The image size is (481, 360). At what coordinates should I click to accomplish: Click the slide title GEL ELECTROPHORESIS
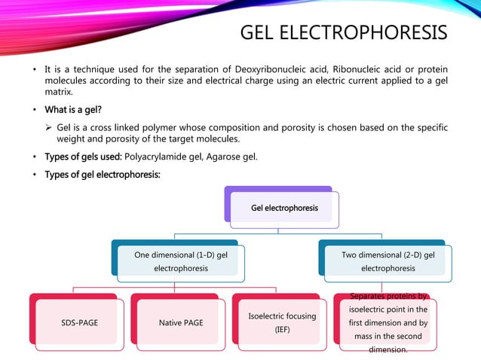[343, 34]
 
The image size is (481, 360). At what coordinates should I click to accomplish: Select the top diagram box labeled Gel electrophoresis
[284, 208]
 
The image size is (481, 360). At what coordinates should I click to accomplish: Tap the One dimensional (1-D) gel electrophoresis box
[181, 261]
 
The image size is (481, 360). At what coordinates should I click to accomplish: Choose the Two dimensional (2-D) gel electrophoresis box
[388, 261]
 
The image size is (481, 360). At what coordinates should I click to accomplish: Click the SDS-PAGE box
[79, 323]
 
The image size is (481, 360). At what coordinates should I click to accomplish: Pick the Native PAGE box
[180, 323]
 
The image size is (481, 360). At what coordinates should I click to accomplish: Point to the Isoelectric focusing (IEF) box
[282, 323]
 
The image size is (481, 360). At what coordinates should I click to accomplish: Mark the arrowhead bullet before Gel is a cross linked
[48, 127]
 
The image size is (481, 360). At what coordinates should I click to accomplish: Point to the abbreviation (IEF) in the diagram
[282, 330]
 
